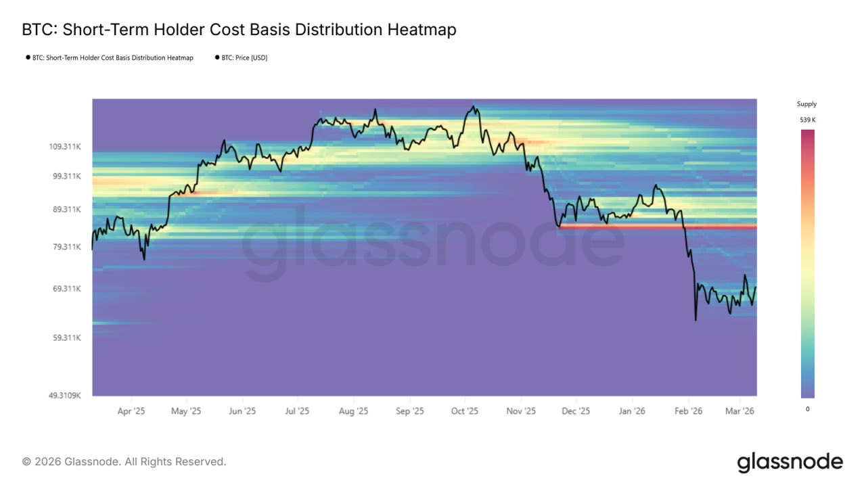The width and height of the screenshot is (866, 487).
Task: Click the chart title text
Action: (x=239, y=30)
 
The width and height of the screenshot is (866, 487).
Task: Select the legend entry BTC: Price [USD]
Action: (x=244, y=58)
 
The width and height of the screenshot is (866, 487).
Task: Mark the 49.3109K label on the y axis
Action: (x=64, y=396)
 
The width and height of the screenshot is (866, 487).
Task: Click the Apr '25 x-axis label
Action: (x=131, y=411)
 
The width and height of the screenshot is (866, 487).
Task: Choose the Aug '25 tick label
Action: (x=353, y=411)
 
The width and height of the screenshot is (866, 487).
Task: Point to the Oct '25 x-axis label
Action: (x=465, y=411)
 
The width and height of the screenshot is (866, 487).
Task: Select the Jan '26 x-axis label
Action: (x=632, y=411)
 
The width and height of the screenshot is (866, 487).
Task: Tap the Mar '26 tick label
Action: (x=740, y=411)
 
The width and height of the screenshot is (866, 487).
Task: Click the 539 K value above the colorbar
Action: (x=807, y=120)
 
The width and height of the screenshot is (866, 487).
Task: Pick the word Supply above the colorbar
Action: (x=807, y=104)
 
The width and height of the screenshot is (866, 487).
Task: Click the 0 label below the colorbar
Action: (x=807, y=409)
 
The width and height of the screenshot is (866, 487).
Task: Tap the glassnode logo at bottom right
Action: (x=790, y=463)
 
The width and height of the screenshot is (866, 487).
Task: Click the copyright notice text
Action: (x=124, y=462)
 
